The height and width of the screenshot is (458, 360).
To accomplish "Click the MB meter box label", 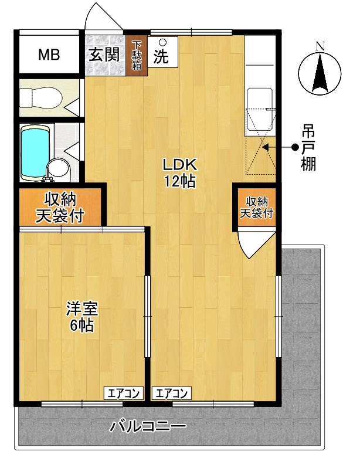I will pos(49,55).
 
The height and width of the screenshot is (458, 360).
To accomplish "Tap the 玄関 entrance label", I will pos(104,55).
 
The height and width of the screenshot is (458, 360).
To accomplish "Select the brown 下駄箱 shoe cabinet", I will pos(136,55).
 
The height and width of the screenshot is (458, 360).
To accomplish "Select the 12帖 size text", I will pos(179,181).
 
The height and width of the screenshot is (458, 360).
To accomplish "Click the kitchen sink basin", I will pos(259,105).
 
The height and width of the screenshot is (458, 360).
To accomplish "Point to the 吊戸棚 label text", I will pos(308,148).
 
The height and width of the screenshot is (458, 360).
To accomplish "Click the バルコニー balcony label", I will pos(148,426).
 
